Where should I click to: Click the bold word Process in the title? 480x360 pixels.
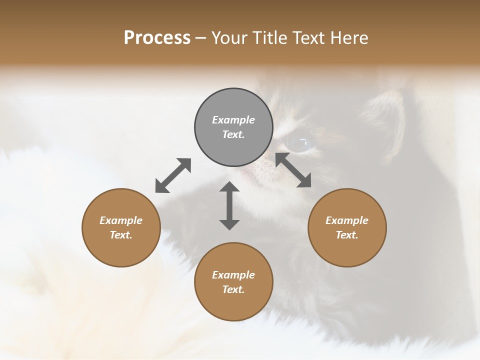point(157,38)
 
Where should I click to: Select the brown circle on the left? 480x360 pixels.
point(121,250)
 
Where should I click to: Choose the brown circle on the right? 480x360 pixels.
point(347,250)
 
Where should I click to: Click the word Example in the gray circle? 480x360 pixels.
point(233,120)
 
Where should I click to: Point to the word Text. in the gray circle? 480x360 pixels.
point(233,134)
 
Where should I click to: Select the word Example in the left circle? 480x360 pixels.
point(121,220)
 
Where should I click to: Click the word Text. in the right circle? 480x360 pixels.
point(347,235)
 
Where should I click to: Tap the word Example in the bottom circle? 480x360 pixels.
point(233,275)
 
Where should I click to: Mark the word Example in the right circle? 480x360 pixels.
point(347,220)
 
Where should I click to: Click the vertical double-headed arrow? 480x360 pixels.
point(229,205)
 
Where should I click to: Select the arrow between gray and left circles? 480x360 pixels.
point(173,175)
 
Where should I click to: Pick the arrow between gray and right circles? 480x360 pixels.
point(293,170)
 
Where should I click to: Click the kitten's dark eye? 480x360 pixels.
point(300,143)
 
